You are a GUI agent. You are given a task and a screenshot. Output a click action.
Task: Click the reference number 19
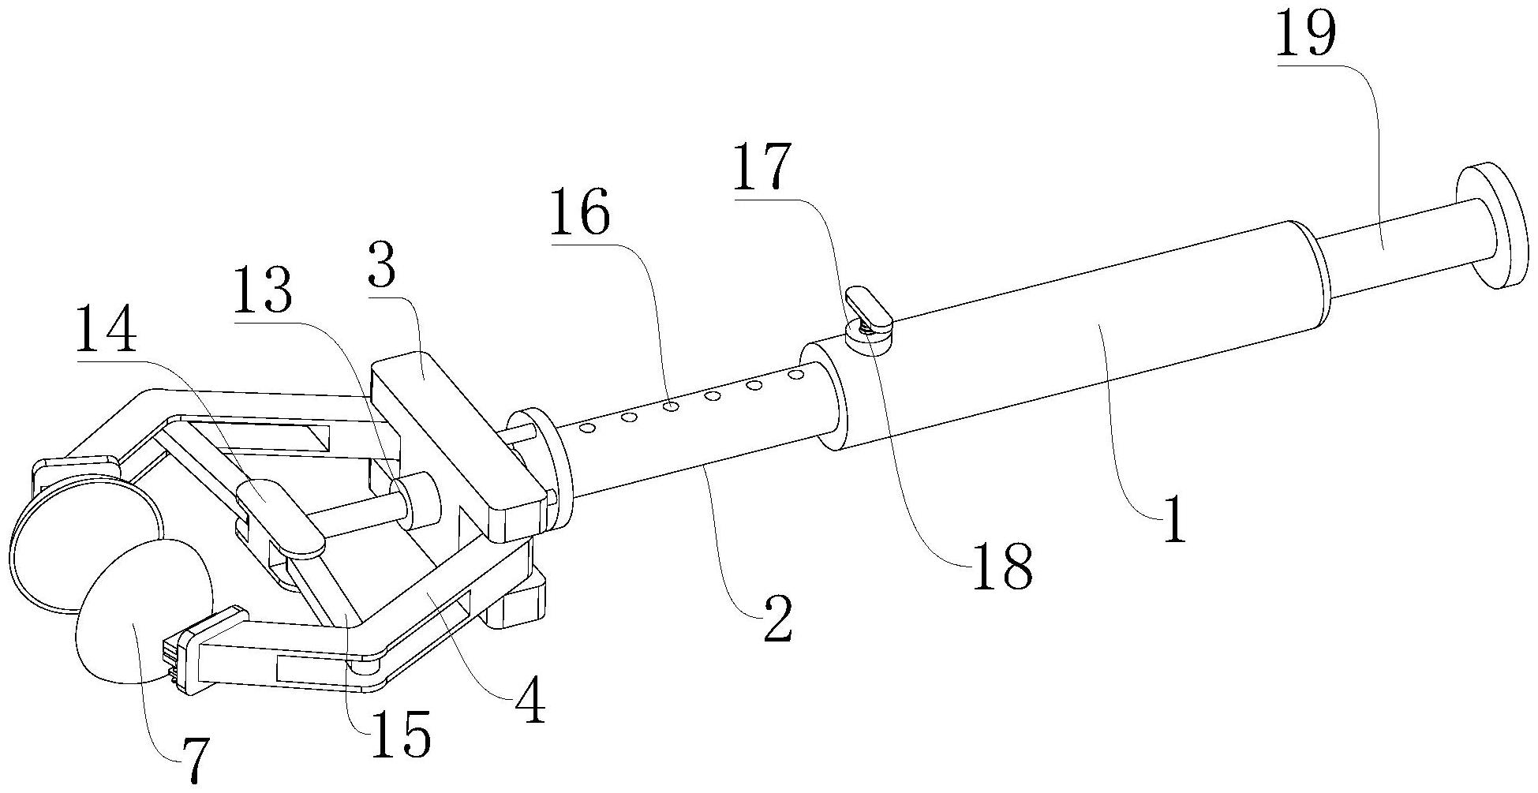point(1307,34)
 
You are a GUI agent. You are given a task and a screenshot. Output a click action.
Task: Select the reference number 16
point(580,212)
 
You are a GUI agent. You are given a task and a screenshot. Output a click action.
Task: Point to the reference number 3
point(382,269)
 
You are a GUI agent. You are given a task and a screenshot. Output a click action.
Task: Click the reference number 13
point(262,290)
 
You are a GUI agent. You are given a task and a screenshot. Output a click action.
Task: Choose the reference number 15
point(402,734)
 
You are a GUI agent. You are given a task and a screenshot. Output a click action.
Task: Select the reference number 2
point(776,618)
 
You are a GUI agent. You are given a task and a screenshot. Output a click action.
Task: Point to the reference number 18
point(1001,565)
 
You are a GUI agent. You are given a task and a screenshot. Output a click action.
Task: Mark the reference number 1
point(1174,519)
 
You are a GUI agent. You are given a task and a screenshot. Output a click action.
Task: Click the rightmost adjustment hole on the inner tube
point(795,374)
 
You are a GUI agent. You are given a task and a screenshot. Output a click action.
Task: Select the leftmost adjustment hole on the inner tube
point(587,428)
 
